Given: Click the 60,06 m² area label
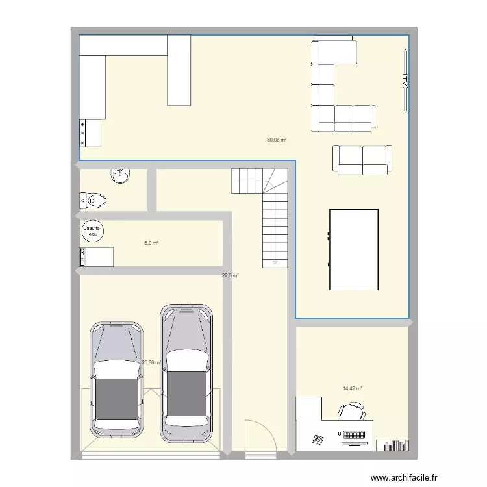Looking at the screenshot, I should click(277, 140).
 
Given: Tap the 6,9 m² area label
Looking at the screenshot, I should click(151, 243).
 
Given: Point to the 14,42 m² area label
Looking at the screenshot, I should click(352, 389).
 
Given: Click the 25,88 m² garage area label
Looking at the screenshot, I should click(151, 363).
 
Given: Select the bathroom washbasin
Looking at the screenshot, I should click(120, 175).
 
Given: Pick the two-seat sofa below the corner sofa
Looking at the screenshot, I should click(362, 160).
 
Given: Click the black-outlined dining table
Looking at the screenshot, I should click(354, 249).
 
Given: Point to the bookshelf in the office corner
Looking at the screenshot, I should click(393, 445).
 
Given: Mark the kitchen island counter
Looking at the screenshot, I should click(179, 70).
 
